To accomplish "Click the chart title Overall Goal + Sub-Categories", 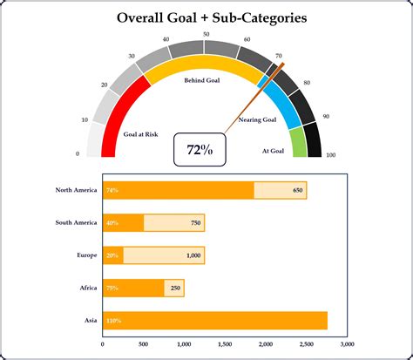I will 206,17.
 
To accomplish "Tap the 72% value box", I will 200,150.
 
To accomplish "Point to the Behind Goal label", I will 201,80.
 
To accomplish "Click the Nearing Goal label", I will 257,119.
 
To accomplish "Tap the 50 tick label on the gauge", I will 206,34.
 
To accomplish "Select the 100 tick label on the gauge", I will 330,154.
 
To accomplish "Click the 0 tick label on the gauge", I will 78,154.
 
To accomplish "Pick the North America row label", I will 74,190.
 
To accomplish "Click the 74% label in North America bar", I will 112,190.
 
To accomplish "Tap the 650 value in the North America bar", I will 297,190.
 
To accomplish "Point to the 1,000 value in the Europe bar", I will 193,255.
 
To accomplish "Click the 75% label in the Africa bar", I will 112,288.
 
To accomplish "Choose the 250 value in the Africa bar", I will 175,288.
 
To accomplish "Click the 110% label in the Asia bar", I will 113,321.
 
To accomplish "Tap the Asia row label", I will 90,321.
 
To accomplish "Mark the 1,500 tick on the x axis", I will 226,343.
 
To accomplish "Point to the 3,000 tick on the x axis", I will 348,343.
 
